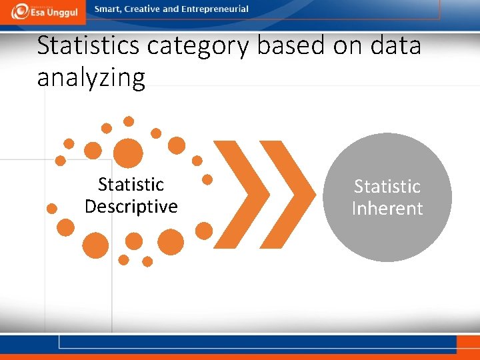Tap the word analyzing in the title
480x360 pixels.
tap(91, 78)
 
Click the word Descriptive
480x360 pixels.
tap(131, 207)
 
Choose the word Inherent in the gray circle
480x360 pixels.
tap(387, 209)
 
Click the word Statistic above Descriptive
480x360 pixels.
tap(131, 184)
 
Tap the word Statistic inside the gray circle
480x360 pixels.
tap(387, 186)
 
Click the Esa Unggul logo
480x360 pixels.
tap(44, 11)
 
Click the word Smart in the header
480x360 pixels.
tap(108, 9)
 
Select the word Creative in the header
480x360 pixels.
tap(144, 9)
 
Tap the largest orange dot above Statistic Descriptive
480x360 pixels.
tap(128, 153)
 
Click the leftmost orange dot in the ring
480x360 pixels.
tap(51, 208)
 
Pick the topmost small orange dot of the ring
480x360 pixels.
tap(129, 121)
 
